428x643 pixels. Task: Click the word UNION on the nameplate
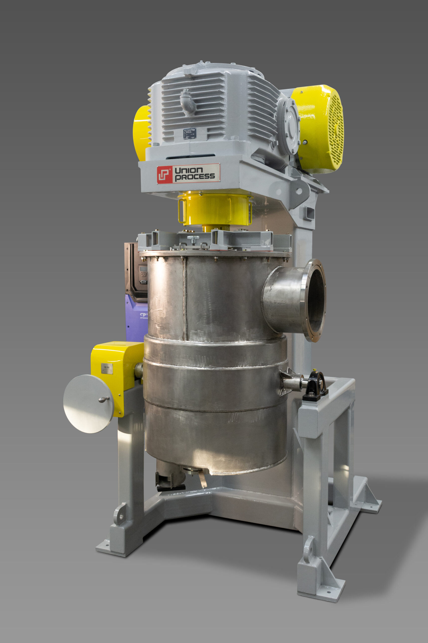[x=188, y=170]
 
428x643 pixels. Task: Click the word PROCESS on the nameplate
[x=195, y=177]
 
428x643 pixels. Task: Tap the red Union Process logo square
[x=164, y=174]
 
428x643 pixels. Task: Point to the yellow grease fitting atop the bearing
[x=314, y=370]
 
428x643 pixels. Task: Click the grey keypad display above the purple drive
[x=142, y=269]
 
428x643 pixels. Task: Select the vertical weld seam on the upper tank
[x=185, y=298]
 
